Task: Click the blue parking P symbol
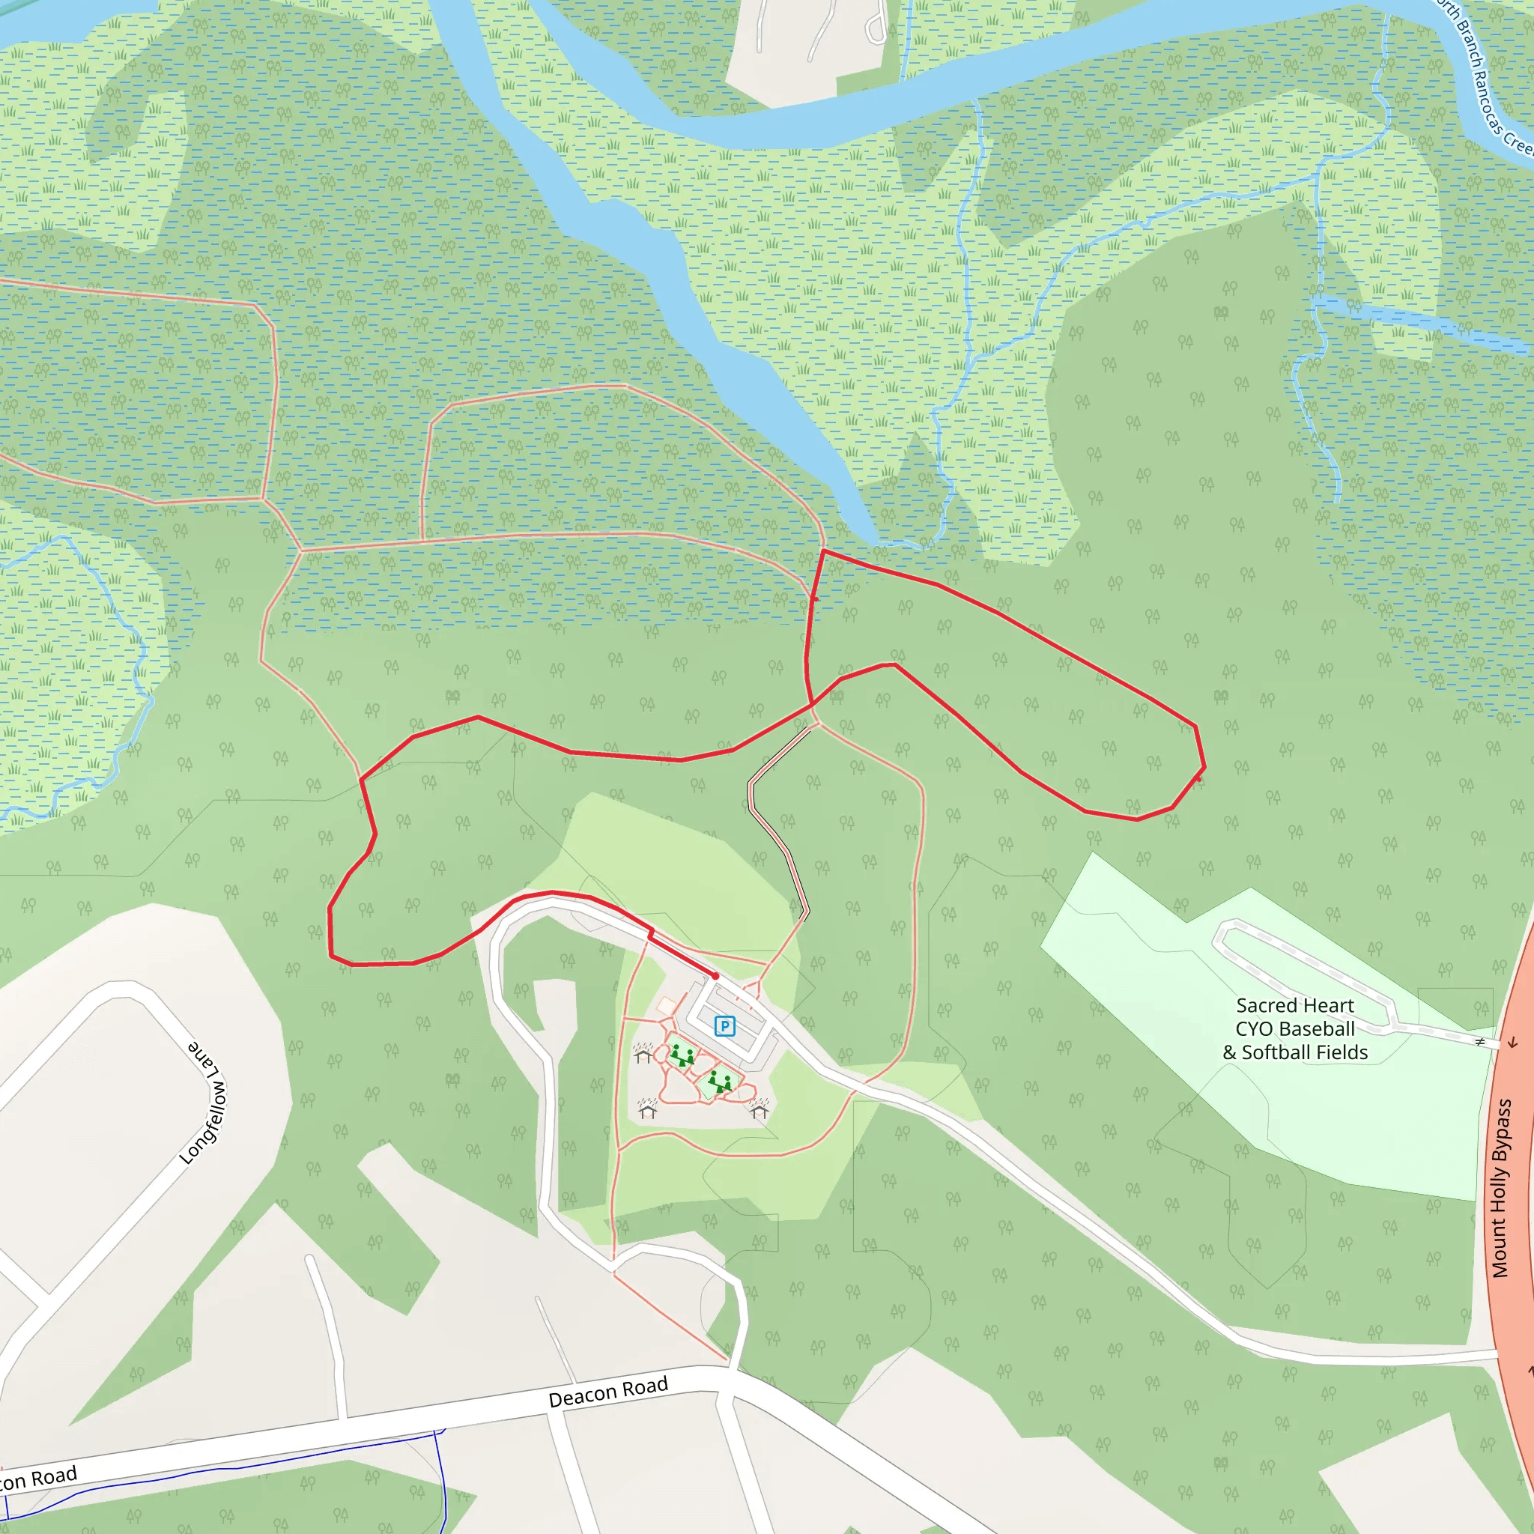click(x=724, y=1027)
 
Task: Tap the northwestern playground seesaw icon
click(x=682, y=1056)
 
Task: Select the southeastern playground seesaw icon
click(x=720, y=1082)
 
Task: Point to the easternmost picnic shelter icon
click(x=759, y=1108)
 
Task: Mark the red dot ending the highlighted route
click(x=715, y=976)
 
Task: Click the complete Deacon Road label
click(x=608, y=1392)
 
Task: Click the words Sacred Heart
click(x=1295, y=1005)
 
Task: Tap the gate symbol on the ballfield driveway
click(x=1479, y=1041)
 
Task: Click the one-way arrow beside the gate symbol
click(x=1512, y=1042)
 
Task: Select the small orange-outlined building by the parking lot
click(x=666, y=1006)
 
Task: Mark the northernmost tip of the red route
click(x=823, y=550)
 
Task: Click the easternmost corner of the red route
click(x=1204, y=768)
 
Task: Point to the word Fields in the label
click(x=1340, y=1053)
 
